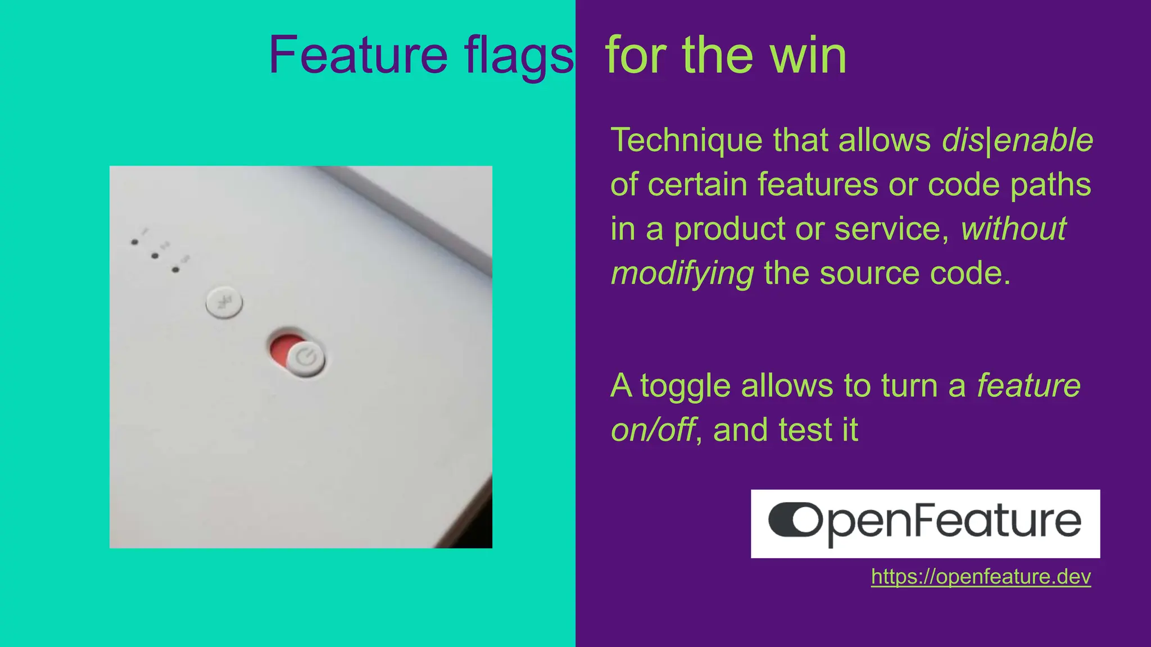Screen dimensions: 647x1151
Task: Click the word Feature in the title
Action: tap(358, 55)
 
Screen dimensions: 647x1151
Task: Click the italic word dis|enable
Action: tap(1017, 140)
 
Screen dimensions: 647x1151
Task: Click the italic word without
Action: tap(1013, 229)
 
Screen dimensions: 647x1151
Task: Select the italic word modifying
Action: tap(682, 274)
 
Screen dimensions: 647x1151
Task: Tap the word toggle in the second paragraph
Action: tap(686, 387)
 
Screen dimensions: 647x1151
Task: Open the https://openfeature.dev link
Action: tap(981, 577)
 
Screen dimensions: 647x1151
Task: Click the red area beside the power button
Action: tap(282, 348)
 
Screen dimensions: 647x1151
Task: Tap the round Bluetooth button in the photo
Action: tap(224, 303)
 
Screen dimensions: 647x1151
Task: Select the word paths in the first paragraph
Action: tap(1050, 185)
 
